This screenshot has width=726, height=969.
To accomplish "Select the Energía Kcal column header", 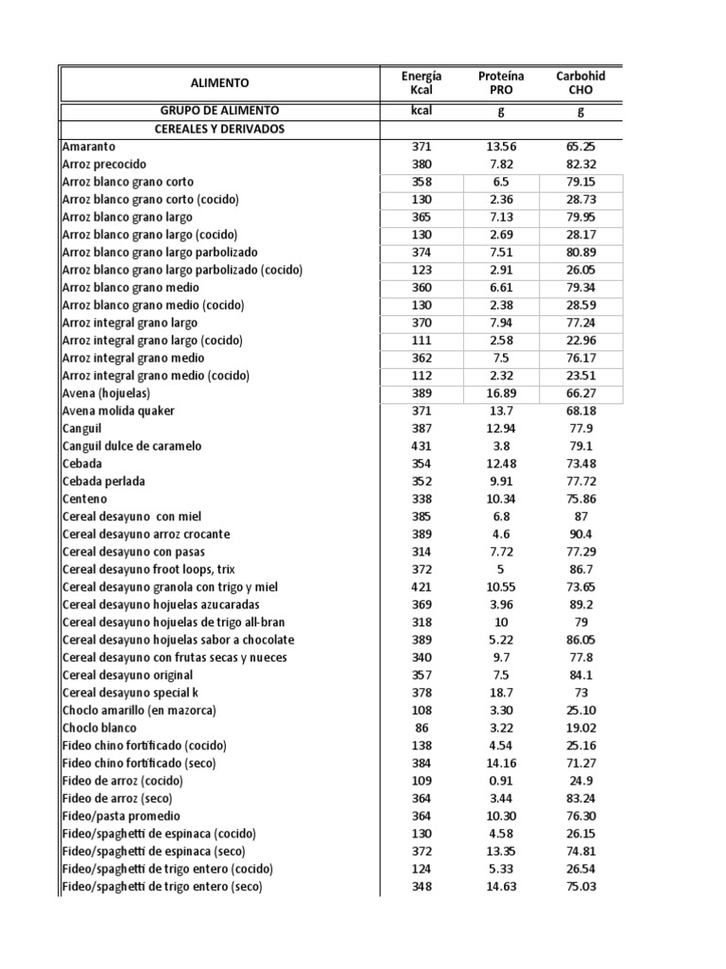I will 421,83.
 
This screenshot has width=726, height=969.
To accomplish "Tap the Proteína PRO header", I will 501,83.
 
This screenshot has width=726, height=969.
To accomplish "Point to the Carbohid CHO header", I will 580,83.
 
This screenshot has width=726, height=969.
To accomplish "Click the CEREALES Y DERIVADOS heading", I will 219,129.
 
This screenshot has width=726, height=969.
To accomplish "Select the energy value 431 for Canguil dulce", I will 422,446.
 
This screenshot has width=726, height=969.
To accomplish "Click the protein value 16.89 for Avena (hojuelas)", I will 501,393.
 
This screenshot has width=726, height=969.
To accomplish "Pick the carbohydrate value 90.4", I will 581,534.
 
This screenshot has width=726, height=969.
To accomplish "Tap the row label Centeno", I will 85,499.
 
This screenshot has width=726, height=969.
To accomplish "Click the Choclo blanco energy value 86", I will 422,728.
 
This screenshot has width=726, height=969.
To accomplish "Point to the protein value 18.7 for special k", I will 501,693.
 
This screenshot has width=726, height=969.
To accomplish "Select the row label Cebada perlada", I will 104,481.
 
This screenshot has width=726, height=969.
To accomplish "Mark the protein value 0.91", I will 501,781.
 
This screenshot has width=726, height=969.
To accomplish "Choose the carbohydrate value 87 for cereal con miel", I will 581,517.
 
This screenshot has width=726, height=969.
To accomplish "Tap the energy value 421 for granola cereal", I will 422,587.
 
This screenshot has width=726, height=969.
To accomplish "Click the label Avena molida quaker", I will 118,411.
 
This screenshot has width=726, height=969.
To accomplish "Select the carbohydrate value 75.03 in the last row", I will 581,887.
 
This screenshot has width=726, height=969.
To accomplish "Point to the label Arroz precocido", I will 105,164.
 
